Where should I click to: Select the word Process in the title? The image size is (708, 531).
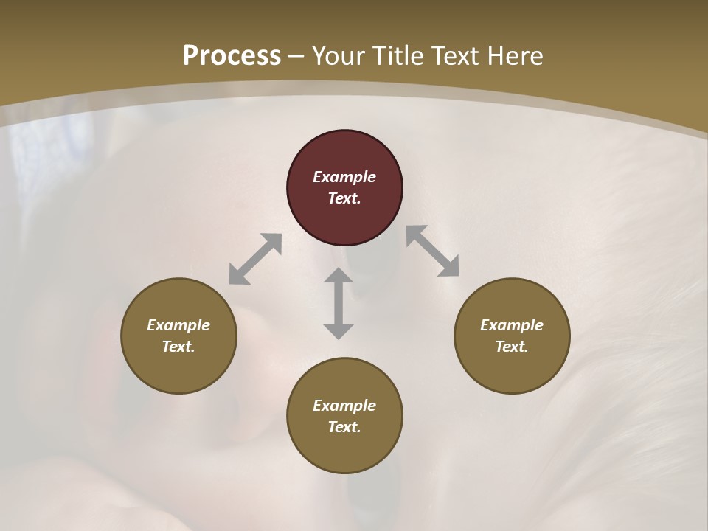(x=232, y=55)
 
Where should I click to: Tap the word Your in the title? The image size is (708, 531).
(x=337, y=55)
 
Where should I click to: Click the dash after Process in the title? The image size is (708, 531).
(x=296, y=57)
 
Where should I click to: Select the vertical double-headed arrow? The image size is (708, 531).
(x=339, y=303)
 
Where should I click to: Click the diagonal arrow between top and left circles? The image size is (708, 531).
(x=255, y=259)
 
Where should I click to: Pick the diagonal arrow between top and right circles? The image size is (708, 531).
(x=433, y=251)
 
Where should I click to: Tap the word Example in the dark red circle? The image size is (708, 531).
(x=344, y=177)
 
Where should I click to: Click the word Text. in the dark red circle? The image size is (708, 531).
(x=344, y=198)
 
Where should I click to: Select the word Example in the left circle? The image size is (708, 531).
(x=178, y=325)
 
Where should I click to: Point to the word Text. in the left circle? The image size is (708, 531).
(x=178, y=347)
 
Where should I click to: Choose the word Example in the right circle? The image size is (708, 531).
(x=512, y=325)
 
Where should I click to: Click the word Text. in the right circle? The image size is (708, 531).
(x=512, y=347)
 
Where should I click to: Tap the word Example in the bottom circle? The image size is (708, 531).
(x=344, y=406)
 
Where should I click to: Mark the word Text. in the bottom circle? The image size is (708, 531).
(x=344, y=427)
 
